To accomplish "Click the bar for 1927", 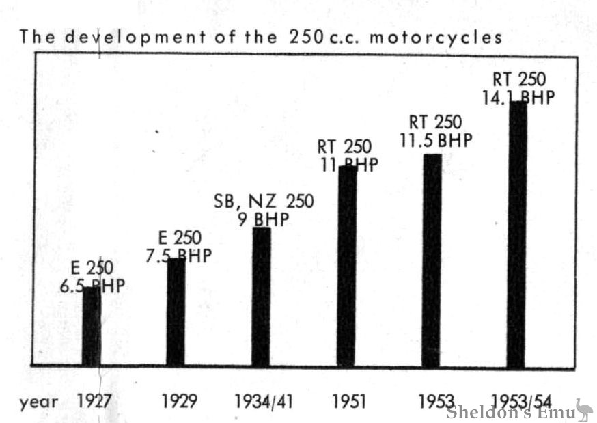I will pos(91,327).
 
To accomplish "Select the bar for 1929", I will pos(176,312).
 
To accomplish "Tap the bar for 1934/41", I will pos(261,297).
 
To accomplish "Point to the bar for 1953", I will pos(432,260).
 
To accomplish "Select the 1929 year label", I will pos(180,401).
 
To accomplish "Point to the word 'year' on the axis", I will pos(39,402).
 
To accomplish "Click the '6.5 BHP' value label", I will pos(93,286).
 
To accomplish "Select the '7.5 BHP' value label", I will pos(179,256).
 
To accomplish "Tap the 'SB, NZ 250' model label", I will pos(264,202).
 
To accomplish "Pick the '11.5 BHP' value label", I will pos(436,141).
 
